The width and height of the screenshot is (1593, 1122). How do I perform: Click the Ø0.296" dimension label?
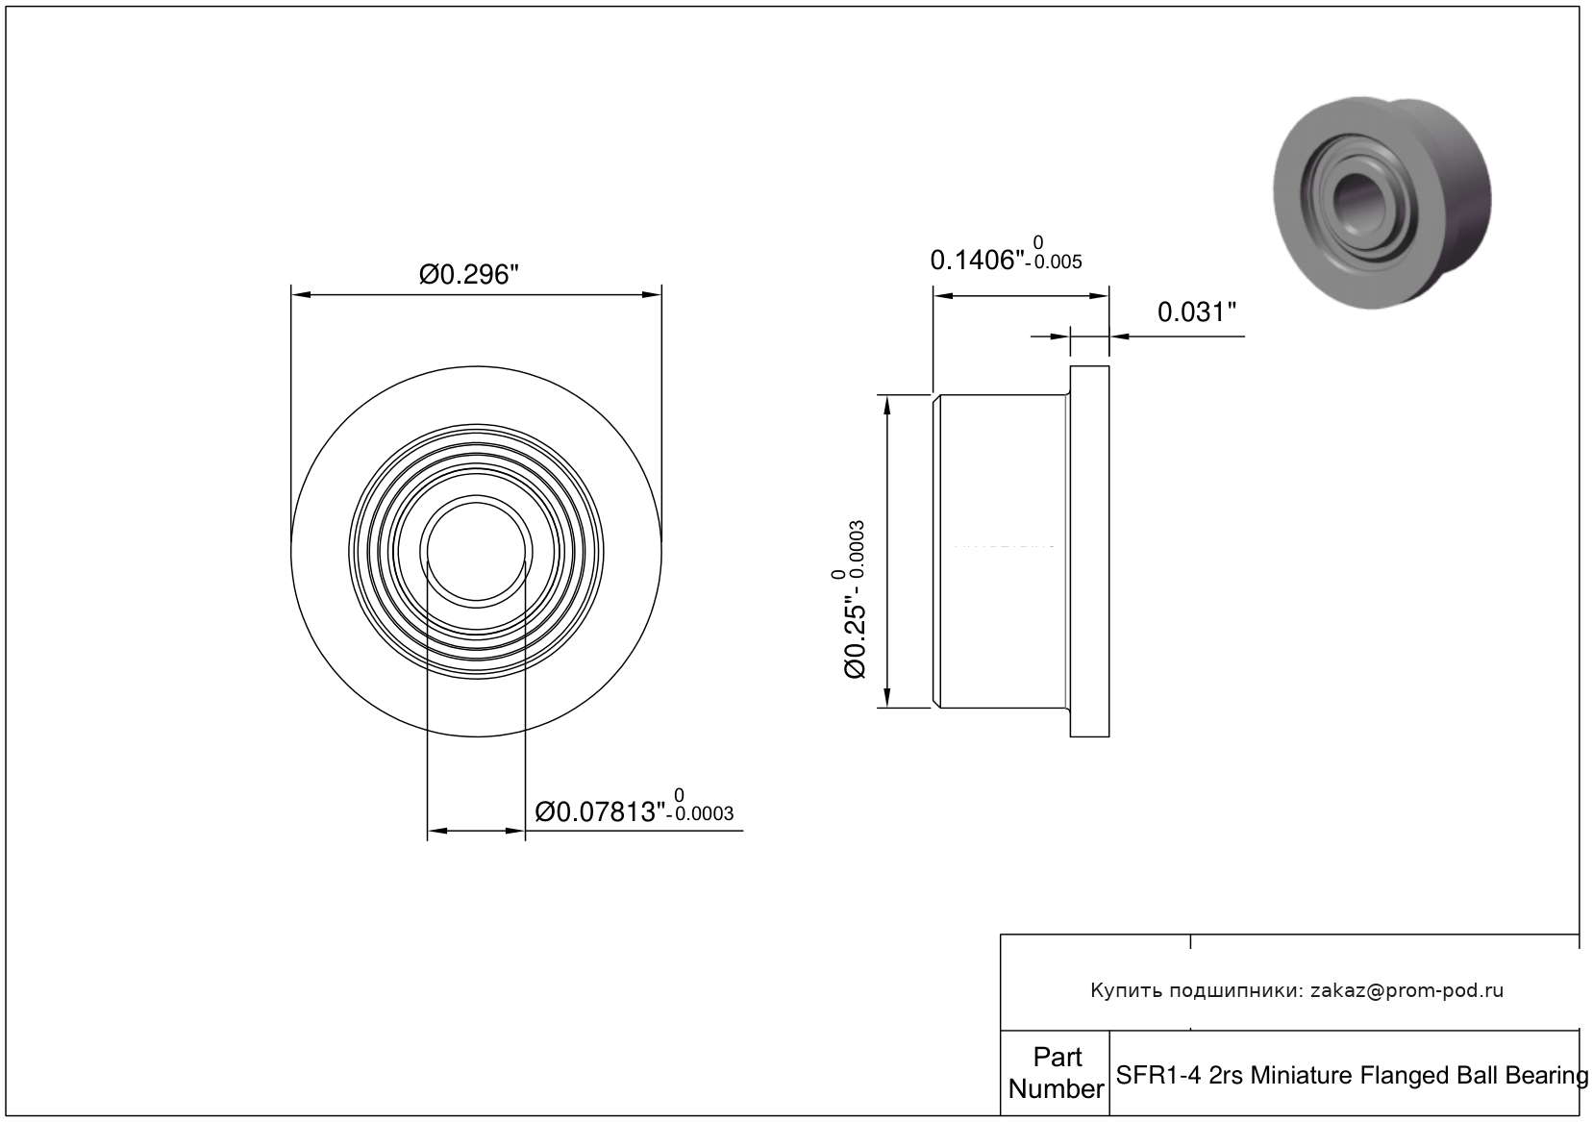tap(468, 274)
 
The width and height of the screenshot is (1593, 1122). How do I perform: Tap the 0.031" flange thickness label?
tap(1197, 312)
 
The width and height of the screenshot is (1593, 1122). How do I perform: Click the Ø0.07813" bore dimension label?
tap(600, 811)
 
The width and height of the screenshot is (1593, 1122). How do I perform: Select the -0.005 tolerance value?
tap(1054, 262)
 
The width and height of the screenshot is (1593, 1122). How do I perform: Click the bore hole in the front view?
tap(477, 552)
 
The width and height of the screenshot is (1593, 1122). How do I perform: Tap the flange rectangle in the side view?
tap(1089, 552)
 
